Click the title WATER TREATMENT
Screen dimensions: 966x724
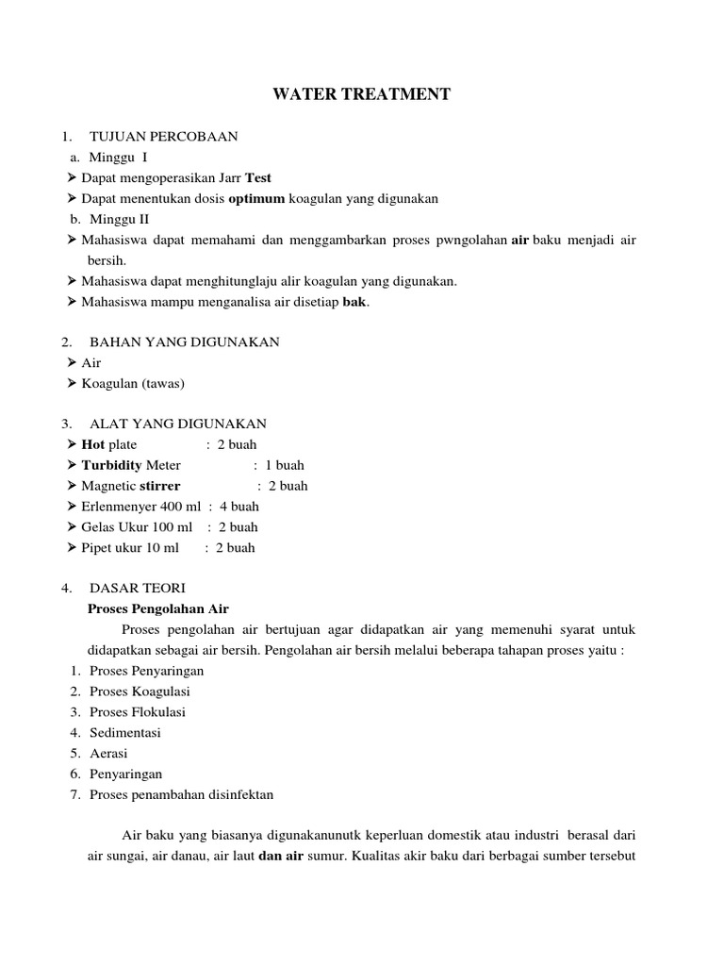coord(362,94)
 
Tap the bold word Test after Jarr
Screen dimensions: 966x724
coord(258,178)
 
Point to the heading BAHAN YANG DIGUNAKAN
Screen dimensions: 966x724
coord(184,342)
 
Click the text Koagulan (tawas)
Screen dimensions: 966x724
coord(133,383)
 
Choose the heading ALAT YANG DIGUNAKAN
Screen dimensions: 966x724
coord(177,424)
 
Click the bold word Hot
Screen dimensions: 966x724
coord(93,445)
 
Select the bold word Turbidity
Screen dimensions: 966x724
coord(111,466)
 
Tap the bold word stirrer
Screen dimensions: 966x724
coord(160,487)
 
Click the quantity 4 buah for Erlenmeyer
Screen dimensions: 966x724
coord(239,507)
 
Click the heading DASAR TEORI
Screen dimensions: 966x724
coord(138,589)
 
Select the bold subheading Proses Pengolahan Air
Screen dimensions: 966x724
coord(158,609)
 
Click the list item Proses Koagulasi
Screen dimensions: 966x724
coord(140,691)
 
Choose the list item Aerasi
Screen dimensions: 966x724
coord(108,754)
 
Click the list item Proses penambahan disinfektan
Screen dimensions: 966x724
coord(182,794)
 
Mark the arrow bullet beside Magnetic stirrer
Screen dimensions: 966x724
coord(73,487)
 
